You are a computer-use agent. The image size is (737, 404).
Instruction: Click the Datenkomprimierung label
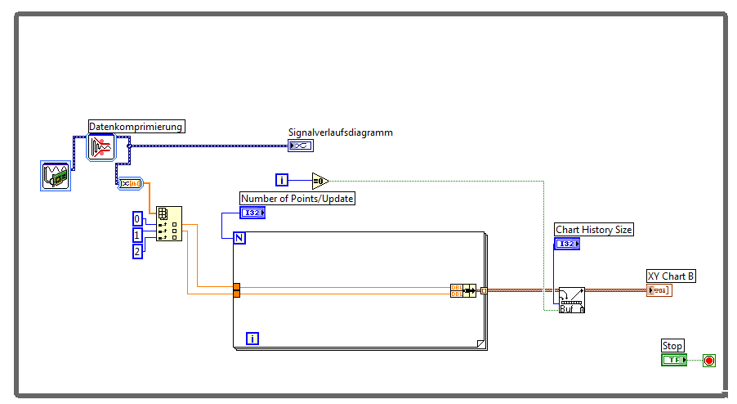point(136,127)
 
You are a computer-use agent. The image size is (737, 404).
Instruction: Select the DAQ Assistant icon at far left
point(55,176)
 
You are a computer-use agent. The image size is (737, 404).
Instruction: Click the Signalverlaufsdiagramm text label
point(340,132)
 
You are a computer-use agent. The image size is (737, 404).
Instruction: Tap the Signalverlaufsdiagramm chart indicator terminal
point(300,146)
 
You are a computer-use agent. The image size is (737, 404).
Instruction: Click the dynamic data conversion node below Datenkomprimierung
point(131,183)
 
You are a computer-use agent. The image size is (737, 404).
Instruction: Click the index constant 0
point(138,218)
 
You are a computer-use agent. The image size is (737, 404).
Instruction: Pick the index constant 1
point(138,235)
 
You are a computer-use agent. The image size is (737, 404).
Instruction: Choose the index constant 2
point(138,251)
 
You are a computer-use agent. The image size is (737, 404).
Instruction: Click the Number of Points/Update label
point(297,198)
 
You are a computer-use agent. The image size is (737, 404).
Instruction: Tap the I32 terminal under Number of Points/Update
point(252,213)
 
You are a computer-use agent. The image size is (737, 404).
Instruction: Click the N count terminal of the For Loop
point(240,238)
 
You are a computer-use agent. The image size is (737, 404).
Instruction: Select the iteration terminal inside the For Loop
point(252,338)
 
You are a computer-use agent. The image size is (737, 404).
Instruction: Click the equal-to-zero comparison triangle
point(319,180)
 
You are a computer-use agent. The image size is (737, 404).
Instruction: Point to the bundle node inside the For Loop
point(462,290)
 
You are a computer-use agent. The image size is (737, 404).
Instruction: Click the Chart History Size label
point(594,230)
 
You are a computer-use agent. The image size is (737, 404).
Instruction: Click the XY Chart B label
point(671,276)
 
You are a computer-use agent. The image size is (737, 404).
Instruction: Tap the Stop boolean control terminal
point(674,360)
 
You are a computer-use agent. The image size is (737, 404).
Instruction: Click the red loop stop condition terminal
point(708,360)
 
